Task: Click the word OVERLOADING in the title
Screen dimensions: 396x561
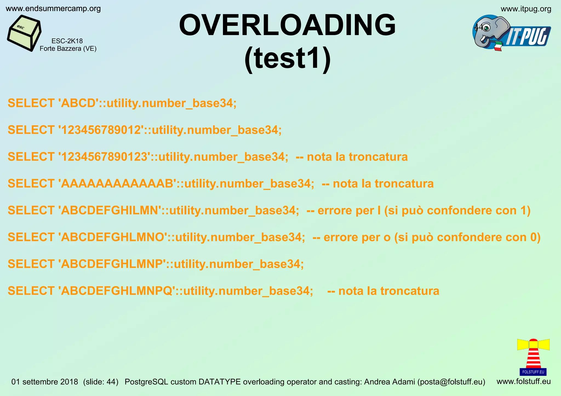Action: click(x=287, y=25)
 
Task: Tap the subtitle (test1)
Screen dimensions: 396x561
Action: click(x=287, y=59)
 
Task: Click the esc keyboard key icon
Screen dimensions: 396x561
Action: click(x=24, y=33)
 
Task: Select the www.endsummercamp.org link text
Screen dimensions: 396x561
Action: click(x=53, y=9)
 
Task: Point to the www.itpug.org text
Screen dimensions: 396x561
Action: click(x=526, y=9)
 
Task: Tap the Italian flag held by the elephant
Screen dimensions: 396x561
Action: click(x=498, y=46)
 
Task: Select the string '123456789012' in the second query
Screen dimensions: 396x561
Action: click(x=101, y=130)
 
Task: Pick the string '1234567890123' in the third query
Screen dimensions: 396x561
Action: click(x=104, y=157)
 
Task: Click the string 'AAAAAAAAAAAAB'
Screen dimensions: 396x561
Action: click(x=117, y=184)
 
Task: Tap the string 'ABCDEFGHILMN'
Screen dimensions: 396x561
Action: click(x=110, y=210)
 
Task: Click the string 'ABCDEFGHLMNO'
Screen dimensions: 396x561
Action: click(x=113, y=237)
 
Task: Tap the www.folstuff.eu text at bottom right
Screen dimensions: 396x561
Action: click(x=523, y=382)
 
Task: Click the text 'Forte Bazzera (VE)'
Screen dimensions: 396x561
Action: click(x=68, y=49)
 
